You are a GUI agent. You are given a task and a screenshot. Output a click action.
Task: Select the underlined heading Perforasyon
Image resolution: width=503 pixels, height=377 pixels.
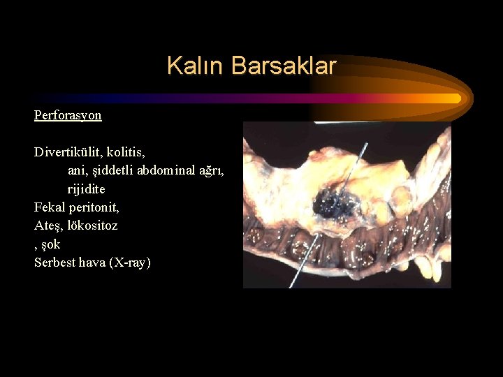click(x=68, y=114)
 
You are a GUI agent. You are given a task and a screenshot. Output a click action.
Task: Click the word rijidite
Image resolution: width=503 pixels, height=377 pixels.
click(x=86, y=189)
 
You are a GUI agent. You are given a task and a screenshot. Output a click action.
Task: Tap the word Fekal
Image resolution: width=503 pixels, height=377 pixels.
click(x=49, y=207)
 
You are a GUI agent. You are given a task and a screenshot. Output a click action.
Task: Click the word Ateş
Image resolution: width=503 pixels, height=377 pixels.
click(x=48, y=226)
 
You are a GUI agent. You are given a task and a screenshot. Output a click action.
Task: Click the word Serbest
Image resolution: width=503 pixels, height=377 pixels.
click(x=55, y=263)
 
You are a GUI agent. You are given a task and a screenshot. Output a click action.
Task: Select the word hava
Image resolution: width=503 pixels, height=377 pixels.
click(x=94, y=263)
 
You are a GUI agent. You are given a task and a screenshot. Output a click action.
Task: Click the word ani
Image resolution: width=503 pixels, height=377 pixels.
click(x=76, y=170)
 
